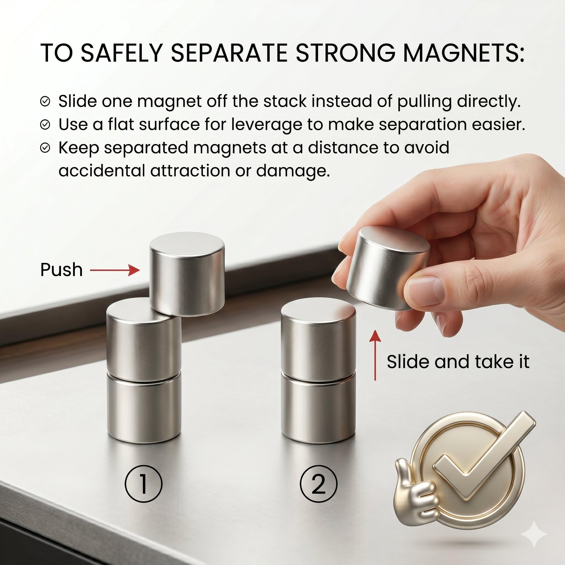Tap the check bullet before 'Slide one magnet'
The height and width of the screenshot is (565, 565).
tap(45, 102)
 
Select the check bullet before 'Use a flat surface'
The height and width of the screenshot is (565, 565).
tap(45, 125)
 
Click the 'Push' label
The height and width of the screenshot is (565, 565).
tap(62, 270)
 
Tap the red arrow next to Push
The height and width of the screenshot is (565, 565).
tap(115, 271)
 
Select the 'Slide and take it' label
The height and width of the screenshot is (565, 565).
tap(458, 362)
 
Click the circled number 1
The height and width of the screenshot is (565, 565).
tap(143, 484)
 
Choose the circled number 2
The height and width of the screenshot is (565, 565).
tap(318, 484)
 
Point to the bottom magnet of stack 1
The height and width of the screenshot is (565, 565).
tap(143, 408)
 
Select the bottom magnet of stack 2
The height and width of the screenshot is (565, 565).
tap(318, 408)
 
